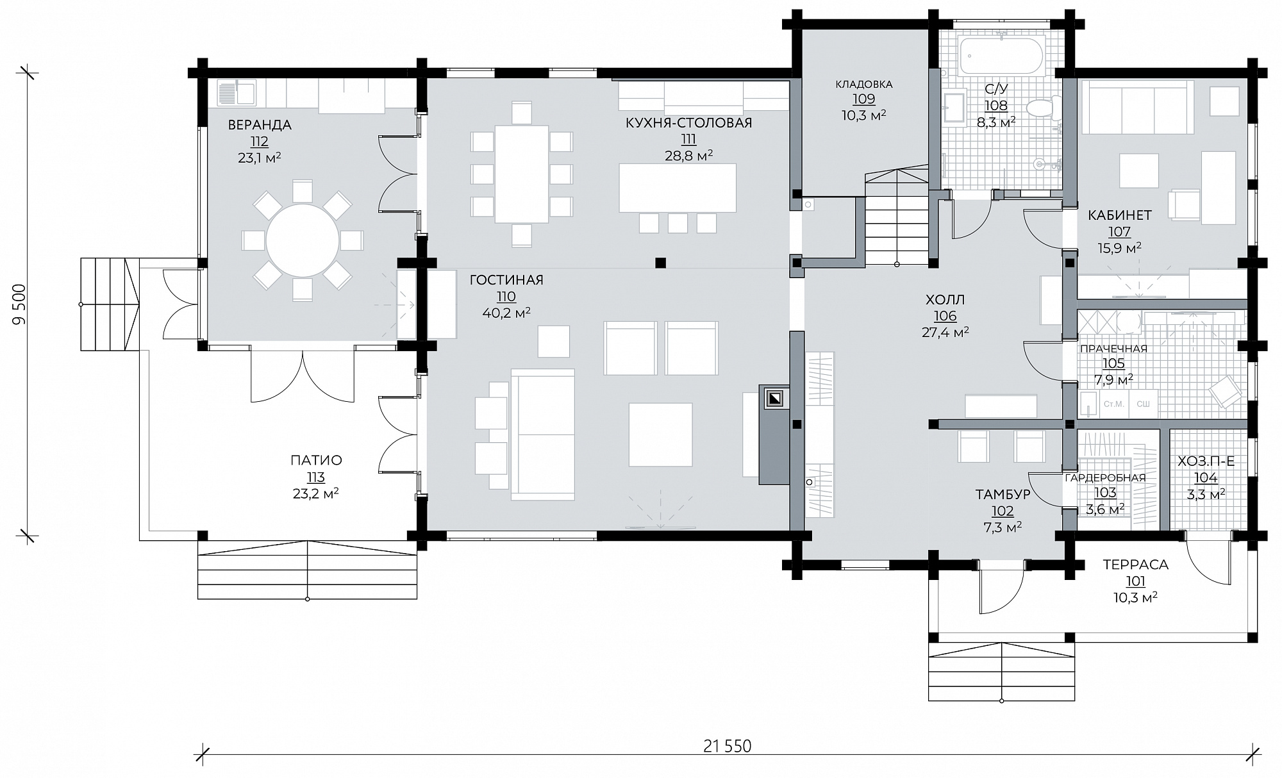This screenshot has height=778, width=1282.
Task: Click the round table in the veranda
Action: [x=303, y=240]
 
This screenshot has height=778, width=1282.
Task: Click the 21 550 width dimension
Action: [x=727, y=746]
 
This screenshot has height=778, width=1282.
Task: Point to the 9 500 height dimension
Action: [x=21, y=304]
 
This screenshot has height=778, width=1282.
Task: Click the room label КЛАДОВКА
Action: [x=864, y=84]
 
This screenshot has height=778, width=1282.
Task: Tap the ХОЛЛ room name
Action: [x=945, y=299]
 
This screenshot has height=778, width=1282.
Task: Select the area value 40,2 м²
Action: [x=506, y=313]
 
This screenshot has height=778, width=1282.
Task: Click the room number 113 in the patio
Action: [x=316, y=477]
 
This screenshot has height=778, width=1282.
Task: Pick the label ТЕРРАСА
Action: [x=1136, y=565]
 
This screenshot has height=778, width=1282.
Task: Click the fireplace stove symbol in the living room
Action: [x=775, y=399]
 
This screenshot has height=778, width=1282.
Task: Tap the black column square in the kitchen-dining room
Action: [x=660, y=262]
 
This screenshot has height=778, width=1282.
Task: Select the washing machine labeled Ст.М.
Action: [x=1114, y=404]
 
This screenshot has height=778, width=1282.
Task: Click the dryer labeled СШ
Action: [x=1142, y=404]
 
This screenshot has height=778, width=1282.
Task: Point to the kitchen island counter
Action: [x=678, y=188]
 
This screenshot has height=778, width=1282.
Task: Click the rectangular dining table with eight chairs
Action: [x=522, y=174]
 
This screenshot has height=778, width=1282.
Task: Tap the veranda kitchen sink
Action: [x=237, y=92]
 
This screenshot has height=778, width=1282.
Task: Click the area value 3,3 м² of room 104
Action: [x=1205, y=493]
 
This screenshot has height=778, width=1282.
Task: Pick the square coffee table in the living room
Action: [x=660, y=435]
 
